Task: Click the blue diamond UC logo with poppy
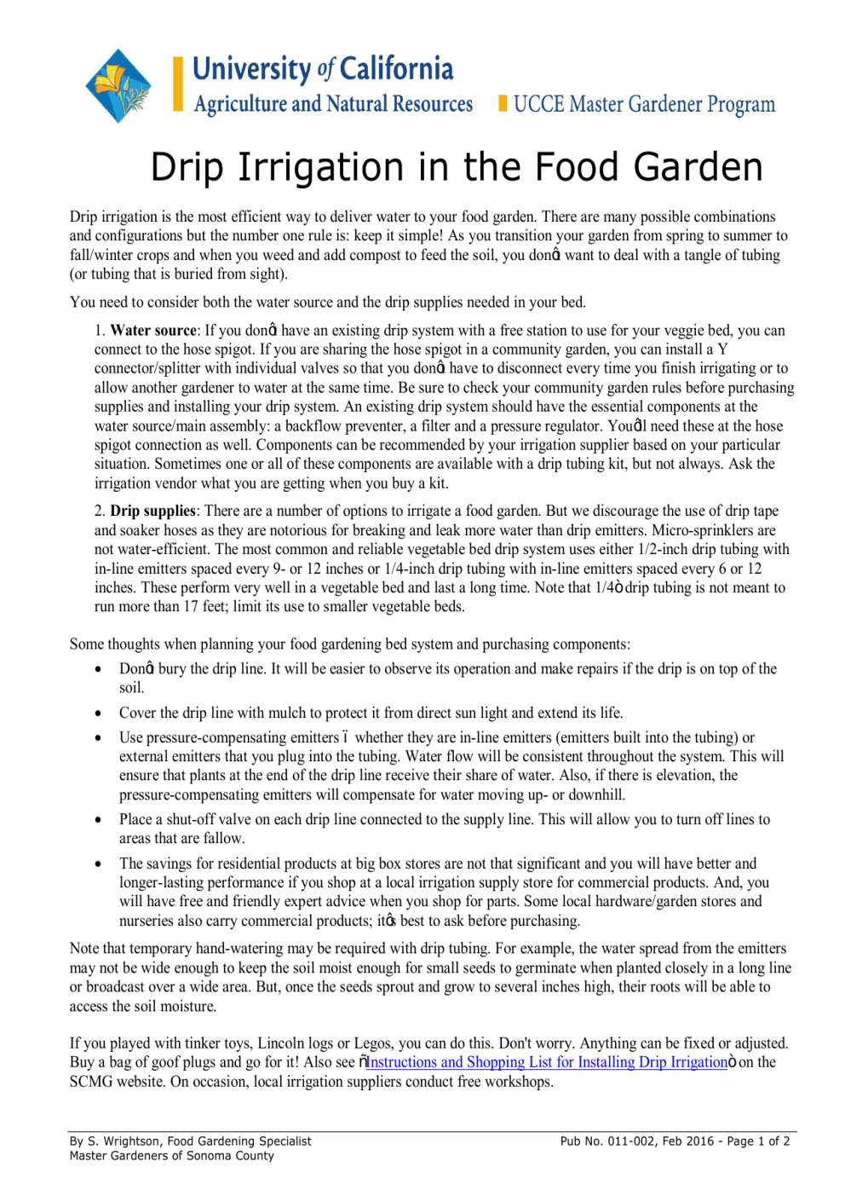coord(118,86)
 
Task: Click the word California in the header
coord(396,69)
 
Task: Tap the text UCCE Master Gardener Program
coord(644,104)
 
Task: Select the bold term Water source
coord(153,331)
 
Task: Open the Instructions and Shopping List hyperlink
coord(547,1062)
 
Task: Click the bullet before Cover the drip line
coord(100,714)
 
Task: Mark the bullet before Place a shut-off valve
coord(100,820)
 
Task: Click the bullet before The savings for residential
coord(100,864)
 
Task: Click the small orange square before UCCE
coord(503,103)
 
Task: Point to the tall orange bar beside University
coord(178,84)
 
